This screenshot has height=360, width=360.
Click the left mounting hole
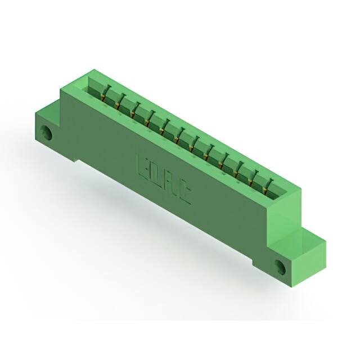46,133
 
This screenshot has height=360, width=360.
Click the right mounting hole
280,267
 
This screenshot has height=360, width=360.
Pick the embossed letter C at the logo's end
184,192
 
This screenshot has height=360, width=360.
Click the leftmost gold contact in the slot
103,97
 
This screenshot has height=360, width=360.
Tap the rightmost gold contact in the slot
265,190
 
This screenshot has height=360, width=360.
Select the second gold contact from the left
118,105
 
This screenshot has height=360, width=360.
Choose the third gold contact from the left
133,114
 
